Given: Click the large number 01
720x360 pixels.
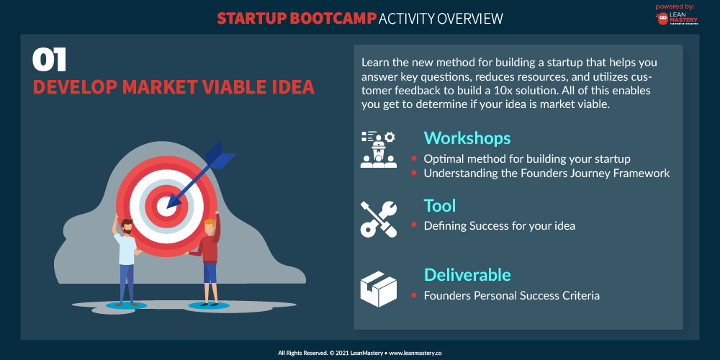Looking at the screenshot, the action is (50, 60).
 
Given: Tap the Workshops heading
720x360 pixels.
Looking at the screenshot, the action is (467, 138).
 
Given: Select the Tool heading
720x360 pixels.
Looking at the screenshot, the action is (439, 206).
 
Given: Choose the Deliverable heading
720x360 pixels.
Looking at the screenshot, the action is (467, 274).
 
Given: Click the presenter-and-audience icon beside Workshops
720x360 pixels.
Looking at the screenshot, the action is (379, 149).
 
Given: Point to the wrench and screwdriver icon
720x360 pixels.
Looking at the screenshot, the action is (379, 219).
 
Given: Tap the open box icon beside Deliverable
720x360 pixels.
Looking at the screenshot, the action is (379, 289).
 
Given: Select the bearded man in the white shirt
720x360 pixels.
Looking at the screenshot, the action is (126, 259).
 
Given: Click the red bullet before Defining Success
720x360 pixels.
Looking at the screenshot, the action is (414, 225).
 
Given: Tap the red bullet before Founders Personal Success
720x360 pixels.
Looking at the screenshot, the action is (414, 294).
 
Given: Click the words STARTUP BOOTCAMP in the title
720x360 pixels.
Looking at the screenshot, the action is (297, 19).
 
